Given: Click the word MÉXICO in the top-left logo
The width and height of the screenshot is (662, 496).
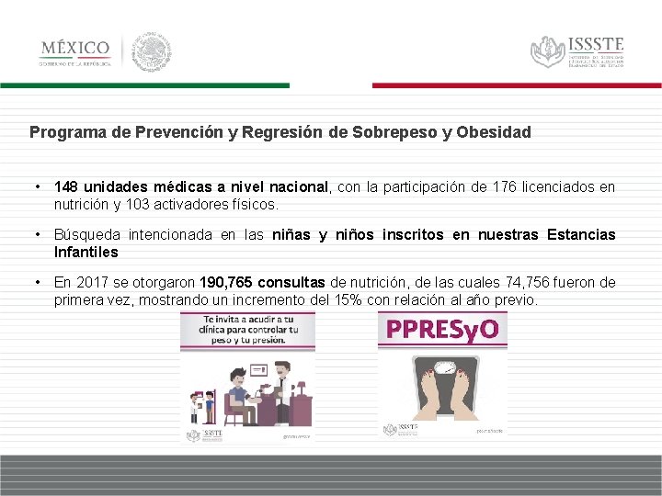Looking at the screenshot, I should [x=74, y=48].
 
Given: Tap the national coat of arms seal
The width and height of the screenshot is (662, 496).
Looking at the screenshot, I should [x=150, y=51].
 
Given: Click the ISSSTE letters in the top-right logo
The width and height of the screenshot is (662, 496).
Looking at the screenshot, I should [x=596, y=44].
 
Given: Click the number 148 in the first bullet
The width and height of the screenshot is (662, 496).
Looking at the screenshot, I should [x=66, y=187].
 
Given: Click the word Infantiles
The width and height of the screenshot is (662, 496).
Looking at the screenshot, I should [x=86, y=252].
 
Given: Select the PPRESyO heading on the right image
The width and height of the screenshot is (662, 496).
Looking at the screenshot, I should [x=441, y=329].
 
